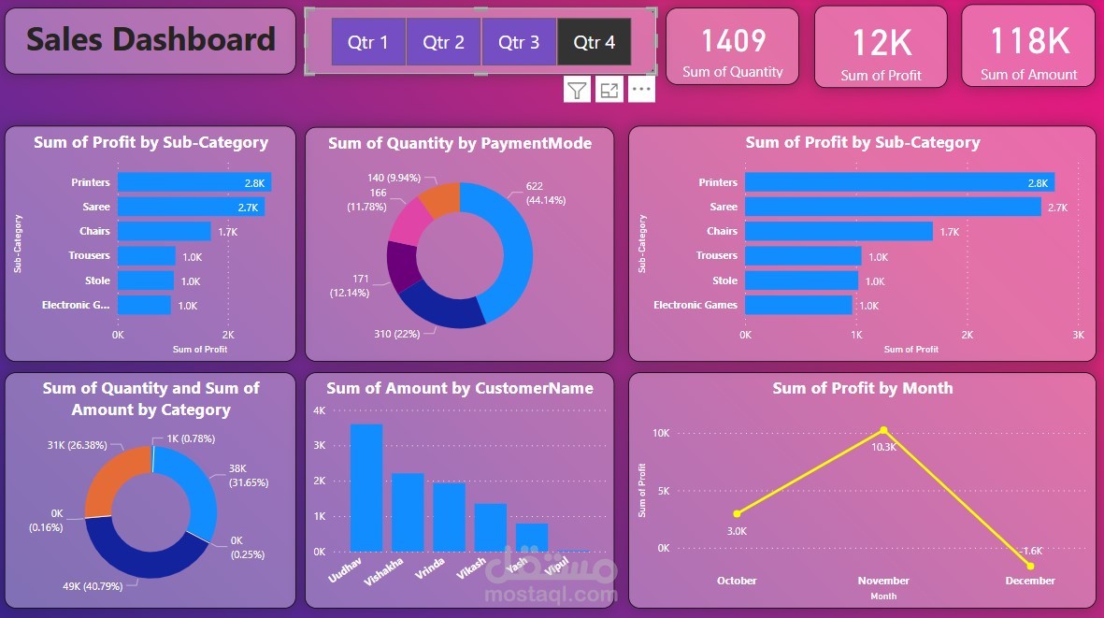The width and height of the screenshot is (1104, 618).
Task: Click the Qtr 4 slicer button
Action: pos(594,42)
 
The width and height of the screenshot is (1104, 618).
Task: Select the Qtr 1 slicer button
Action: pos(368,42)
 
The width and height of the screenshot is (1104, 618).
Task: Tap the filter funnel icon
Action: pos(577,90)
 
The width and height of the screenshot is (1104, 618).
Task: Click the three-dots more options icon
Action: pos(640,90)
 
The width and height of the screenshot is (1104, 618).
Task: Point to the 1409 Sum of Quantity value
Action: pos(733,41)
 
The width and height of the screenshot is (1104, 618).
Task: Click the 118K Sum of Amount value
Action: pos(1029,41)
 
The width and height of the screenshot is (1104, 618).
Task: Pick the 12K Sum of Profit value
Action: pos(881,43)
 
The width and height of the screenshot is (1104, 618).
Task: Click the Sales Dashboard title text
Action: pos(151,39)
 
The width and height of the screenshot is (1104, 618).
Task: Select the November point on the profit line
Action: pos(883,430)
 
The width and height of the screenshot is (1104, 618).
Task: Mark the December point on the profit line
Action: pos(1030,566)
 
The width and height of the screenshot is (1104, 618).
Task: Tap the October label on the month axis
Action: pos(737,581)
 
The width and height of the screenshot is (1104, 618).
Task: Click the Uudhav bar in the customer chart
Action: pos(366,487)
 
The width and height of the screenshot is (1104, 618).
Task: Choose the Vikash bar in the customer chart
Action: pos(490,527)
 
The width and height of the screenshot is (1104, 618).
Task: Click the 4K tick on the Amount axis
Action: pos(319,410)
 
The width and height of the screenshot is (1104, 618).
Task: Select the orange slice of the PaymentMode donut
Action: pos(440,199)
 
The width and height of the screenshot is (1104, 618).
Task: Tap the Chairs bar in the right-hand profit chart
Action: pos(839,231)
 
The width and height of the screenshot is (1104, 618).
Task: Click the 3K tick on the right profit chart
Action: pos(1078,335)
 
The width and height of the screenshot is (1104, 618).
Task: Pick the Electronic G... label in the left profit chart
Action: pos(76,305)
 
